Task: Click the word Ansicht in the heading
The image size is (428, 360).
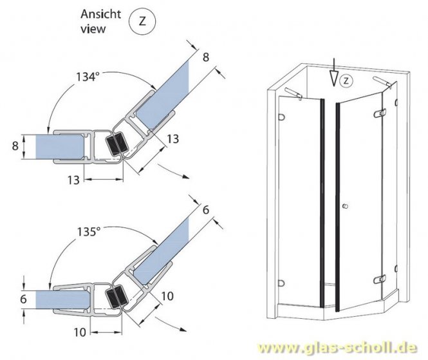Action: pyautogui.click(x=99, y=14)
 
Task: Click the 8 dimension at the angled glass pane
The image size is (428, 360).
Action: pyautogui.click(x=206, y=57)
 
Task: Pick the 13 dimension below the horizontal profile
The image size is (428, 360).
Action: pyautogui.click(x=75, y=180)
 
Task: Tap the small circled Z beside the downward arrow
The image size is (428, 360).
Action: pyautogui.click(x=346, y=81)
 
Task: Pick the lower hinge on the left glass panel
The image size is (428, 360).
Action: pyautogui.click(x=281, y=281)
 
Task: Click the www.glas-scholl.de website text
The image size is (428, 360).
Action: pyautogui.click(x=342, y=348)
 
